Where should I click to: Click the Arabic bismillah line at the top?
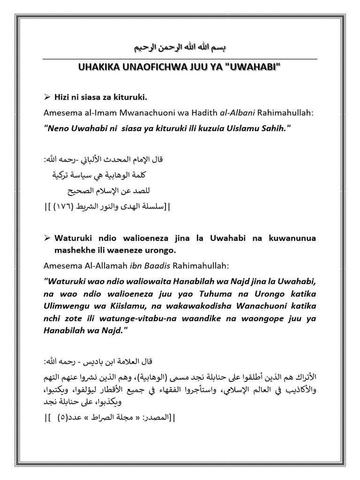point(180,49)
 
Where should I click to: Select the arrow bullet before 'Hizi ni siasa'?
point(47,97)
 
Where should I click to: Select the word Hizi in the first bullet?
point(63,97)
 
